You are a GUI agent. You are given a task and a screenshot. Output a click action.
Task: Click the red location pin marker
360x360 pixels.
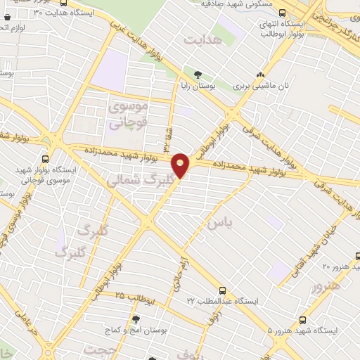click(x=181, y=165)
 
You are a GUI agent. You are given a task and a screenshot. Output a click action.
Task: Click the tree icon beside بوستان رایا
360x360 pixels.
click(x=198, y=74)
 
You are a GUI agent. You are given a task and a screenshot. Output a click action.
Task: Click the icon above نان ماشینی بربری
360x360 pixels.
click(x=261, y=75)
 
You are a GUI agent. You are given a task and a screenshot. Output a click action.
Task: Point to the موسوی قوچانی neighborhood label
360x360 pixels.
click(x=127, y=115)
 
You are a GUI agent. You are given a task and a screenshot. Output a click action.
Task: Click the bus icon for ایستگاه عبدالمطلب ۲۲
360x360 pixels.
click(x=222, y=290)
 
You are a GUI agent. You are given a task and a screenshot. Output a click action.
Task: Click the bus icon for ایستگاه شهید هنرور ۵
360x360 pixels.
click(x=303, y=319)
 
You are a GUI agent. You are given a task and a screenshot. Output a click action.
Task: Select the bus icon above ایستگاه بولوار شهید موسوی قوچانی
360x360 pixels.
click(x=46, y=158)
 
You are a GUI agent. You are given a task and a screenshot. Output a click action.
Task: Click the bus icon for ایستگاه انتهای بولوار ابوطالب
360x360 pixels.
click(x=283, y=13)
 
